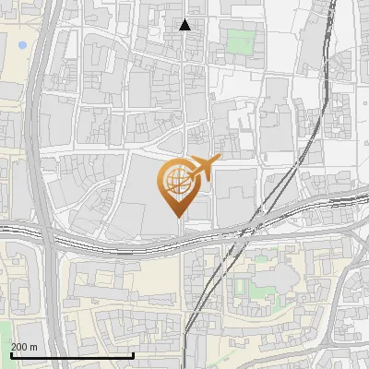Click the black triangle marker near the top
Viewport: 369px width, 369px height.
click(185, 25)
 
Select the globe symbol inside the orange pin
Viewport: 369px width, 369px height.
click(176, 179)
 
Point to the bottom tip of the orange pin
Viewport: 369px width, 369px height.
click(177, 217)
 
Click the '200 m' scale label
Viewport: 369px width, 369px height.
click(25, 347)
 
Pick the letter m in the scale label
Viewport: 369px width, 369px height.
click(34, 347)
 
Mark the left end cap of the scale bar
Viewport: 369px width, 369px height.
click(10, 354)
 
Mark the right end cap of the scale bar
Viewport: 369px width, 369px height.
click(134, 354)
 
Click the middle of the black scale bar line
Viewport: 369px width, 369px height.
click(72, 355)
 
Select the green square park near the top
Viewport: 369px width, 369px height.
click(240, 42)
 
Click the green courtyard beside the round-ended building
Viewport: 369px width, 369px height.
click(241, 289)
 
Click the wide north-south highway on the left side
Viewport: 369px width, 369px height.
click(37, 138)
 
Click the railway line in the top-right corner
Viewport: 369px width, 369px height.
click(329, 37)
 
